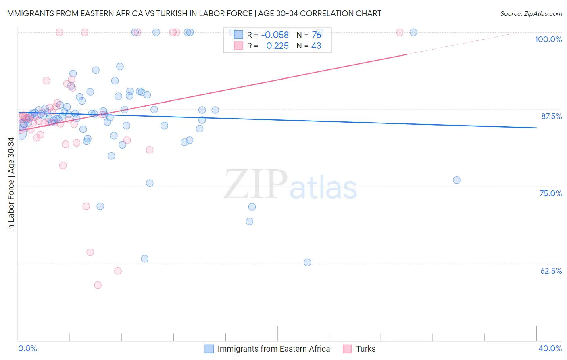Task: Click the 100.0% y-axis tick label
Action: point(548,39)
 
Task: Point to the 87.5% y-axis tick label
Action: point(551,116)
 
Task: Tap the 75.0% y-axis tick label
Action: point(550,193)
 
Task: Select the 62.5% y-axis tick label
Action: point(551,271)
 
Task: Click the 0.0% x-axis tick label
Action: point(27,348)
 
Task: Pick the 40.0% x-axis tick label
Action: point(550,348)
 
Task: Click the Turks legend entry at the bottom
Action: point(365,349)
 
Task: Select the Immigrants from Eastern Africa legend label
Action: point(273,349)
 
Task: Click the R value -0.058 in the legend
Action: point(275,35)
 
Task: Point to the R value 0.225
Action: point(277,46)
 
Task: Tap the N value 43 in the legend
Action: point(316,46)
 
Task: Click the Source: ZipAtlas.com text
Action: point(531,14)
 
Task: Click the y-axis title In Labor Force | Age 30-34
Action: point(11,184)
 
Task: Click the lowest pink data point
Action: point(98,285)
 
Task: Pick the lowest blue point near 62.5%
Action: point(307,262)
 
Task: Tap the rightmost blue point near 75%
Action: point(457,180)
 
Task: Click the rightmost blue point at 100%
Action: point(413,32)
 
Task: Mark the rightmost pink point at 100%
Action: point(400,32)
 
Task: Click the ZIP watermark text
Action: point(255,184)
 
